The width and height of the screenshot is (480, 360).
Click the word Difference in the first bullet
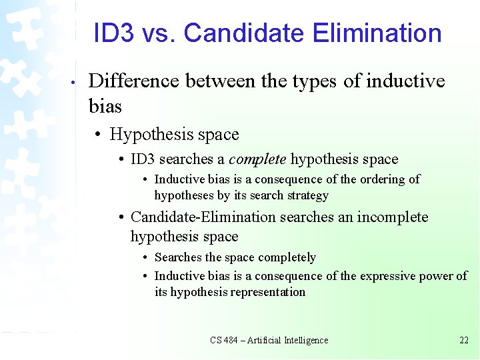coord(134,81)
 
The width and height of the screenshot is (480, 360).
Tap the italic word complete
coord(257,159)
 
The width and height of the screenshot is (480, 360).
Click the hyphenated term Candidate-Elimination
coord(203,217)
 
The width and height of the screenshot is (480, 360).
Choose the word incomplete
coord(393,217)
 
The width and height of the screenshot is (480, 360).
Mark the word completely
coord(287,257)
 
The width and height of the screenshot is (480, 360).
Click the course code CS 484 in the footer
coord(225,340)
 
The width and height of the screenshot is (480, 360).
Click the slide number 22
coord(464,340)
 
